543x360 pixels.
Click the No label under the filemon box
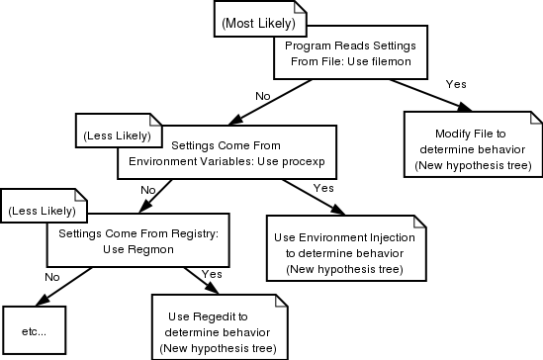pyautogui.click(x=263, y=96)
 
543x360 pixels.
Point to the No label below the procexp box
pyautogui.click(x=148, y=189)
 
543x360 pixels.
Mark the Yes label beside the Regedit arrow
pyautogui.click(x=210, y=273)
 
